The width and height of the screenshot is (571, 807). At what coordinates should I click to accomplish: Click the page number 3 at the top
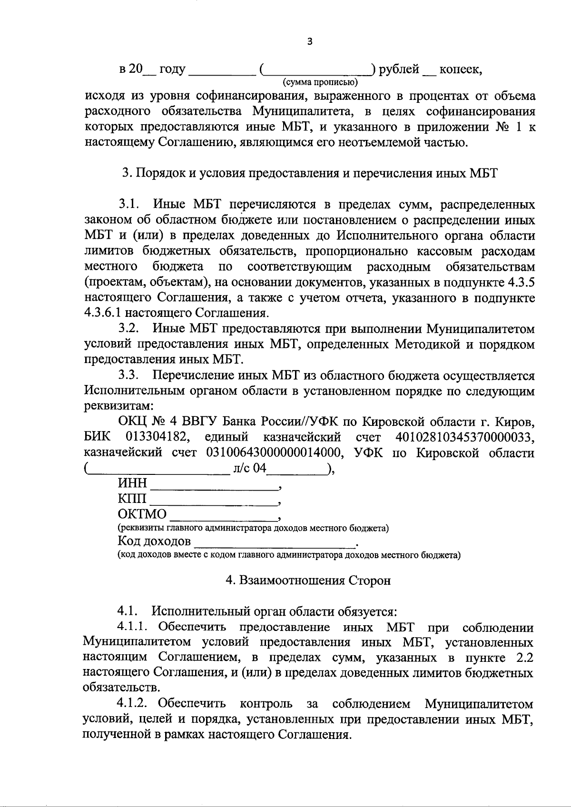(x=310, y=41)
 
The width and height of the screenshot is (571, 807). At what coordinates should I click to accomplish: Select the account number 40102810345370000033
(x=465, y=437)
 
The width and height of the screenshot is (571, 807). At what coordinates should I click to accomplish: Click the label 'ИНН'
(x=133, y=483)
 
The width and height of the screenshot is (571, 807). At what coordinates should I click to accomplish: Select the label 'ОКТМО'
(x=142, y=514)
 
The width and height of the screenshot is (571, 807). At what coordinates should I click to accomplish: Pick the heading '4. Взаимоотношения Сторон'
(x=308, y=581)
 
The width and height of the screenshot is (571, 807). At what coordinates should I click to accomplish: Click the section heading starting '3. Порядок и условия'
(x=310, y=173)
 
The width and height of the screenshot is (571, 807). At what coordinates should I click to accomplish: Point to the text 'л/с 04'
(x=249, y=468)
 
